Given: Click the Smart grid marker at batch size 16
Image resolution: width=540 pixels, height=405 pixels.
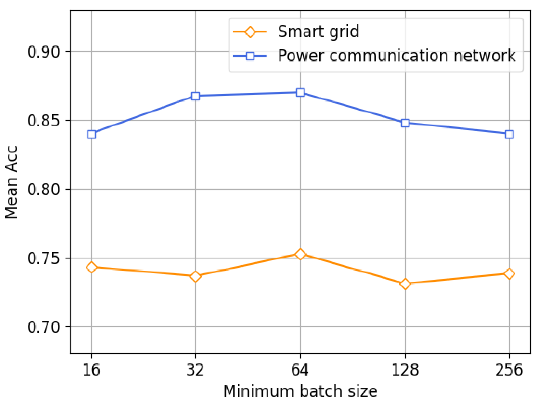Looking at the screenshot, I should click(91, 267).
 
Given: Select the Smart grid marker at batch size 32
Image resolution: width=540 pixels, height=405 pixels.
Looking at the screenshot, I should click(195, 276).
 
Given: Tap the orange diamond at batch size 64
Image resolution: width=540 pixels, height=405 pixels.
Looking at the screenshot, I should click(300, 254).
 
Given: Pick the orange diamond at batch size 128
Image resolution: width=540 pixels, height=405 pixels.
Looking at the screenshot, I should click(405, 284).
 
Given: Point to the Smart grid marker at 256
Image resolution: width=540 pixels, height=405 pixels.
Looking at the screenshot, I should click(509, 274).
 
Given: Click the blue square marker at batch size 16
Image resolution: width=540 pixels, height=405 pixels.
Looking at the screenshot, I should click(91, 134).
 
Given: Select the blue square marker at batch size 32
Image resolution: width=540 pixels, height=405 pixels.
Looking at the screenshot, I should click(195, 96).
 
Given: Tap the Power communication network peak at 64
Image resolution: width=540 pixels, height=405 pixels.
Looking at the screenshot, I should click(300, 92).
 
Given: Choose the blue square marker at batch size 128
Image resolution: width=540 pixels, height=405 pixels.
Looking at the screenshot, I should click(405, 123).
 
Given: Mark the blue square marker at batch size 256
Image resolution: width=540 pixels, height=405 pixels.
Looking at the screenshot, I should click(509, 134).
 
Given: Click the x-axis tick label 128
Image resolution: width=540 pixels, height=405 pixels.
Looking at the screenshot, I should click(405, 370).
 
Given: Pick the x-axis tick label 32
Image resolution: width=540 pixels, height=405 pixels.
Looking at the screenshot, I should click(195, 370).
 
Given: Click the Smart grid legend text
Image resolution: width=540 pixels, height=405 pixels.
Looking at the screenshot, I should click(318, 32).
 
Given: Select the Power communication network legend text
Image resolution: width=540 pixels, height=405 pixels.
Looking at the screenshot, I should click(396, 56).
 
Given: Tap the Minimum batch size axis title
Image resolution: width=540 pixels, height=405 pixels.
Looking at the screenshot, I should click(300, 392).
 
